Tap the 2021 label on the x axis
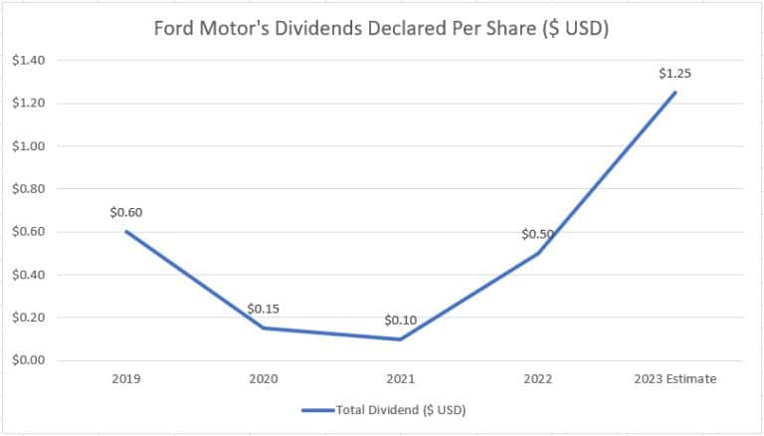(400, 378)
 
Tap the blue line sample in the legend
(320, 410)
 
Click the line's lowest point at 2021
(400, 339)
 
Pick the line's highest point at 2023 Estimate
(675, 93)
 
